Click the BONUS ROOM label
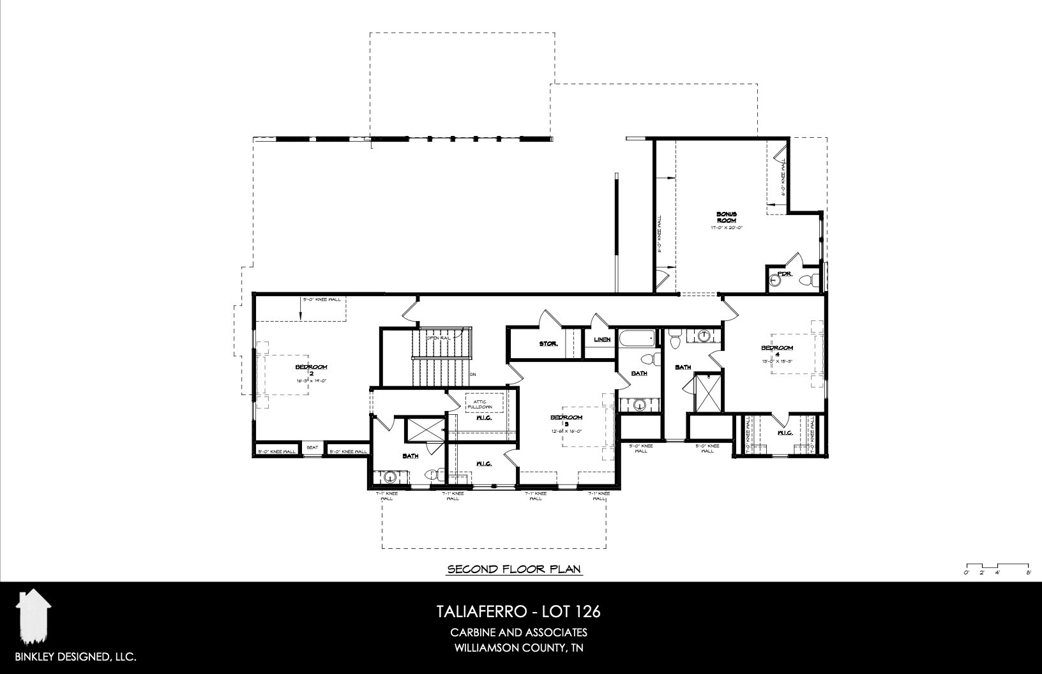[726, 216]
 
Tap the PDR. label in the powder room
[785, 274]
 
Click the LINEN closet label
[601, 340]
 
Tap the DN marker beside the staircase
[473, 374]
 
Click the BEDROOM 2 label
[311, 370]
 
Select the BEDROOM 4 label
[777, 350]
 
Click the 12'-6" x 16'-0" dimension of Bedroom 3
[566, 431]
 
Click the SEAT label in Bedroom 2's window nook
[312, 447]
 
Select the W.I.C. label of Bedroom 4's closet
[785, 433]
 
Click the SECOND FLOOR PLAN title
[514, 569]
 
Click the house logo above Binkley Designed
[33, 617]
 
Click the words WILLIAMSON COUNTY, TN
[518, 648]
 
